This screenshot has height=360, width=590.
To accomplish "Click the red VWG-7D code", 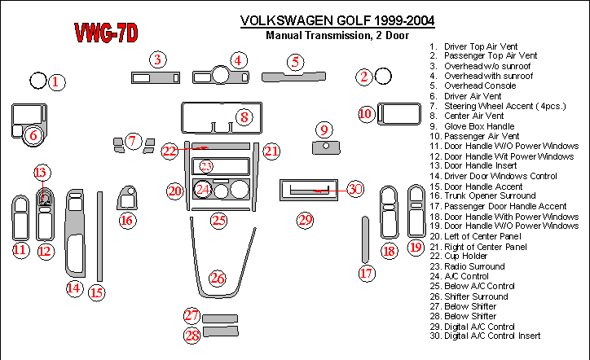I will pos(106,33).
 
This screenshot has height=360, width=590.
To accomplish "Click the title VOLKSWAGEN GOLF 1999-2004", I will pos(338,20).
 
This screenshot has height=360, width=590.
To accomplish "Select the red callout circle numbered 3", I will pos(158,59).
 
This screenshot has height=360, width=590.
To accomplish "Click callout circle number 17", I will pos(368,274).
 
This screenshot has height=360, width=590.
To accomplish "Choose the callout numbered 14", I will pos(74,287).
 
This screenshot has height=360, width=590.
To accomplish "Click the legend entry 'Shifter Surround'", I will pos(475,296).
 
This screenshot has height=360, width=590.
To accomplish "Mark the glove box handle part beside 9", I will pos(325,147).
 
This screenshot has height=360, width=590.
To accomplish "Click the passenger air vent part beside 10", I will pos(396,112).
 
